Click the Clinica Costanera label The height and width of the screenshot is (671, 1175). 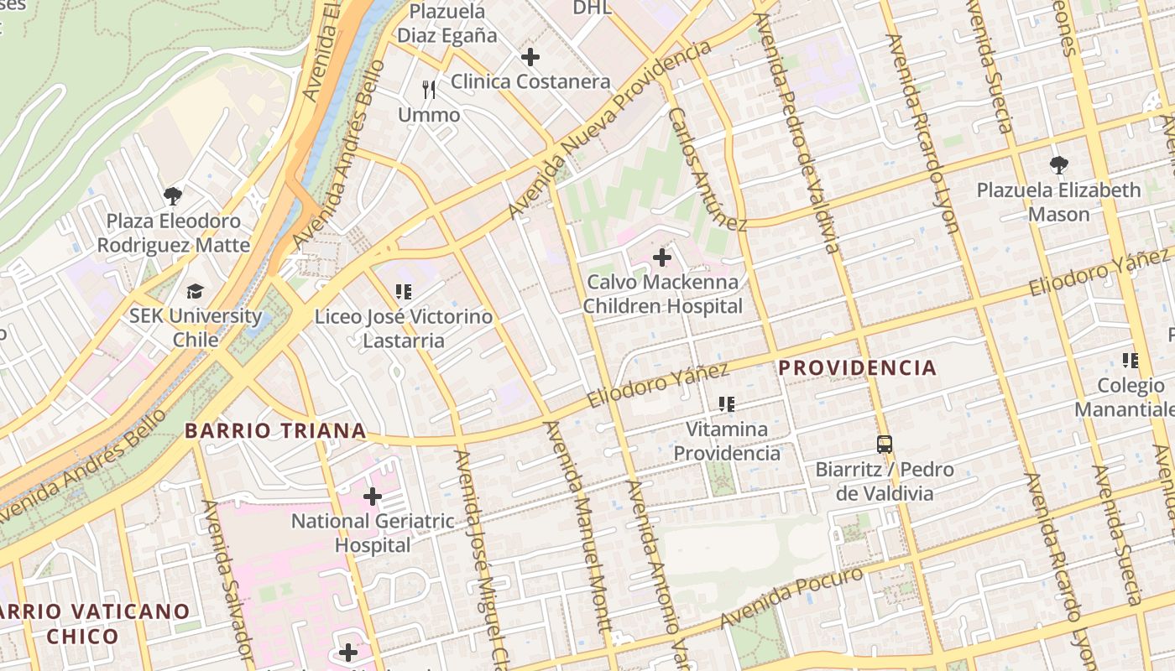point(530,81)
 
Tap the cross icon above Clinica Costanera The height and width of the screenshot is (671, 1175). point(530,57)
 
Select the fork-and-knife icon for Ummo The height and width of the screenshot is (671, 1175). point(429,90)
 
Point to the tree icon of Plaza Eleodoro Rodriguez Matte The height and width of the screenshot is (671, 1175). point(173,196)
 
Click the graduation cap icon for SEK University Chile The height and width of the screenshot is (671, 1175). point(195,291)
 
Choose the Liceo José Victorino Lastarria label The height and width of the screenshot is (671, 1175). point(403,329)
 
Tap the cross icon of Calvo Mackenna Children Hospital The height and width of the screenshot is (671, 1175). point(662,257)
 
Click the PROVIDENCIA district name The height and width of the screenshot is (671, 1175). point(857,367)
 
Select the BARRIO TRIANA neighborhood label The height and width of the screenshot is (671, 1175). point(275,431)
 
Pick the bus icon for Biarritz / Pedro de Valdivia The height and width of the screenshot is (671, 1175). point(885,445)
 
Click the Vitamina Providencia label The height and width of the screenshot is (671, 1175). point(727,441)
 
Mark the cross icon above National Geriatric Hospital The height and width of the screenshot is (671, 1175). point(373,497)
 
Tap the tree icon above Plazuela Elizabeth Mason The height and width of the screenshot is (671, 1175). point(1058,165)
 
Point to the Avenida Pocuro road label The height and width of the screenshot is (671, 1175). point(791,597)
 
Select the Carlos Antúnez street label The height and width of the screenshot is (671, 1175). point(707,169)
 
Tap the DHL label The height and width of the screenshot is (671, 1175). point(592,8)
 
